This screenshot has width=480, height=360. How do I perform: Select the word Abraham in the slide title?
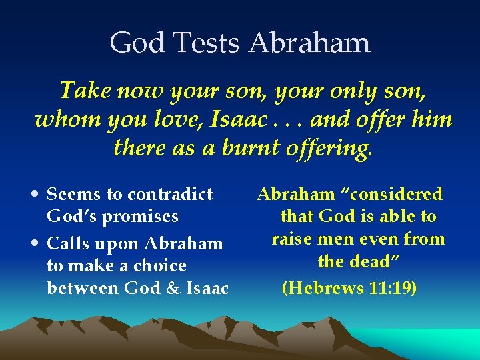coord(309,43)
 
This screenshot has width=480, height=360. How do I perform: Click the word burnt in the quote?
coord(243,148)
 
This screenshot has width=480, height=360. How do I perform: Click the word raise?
coord(294,239)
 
